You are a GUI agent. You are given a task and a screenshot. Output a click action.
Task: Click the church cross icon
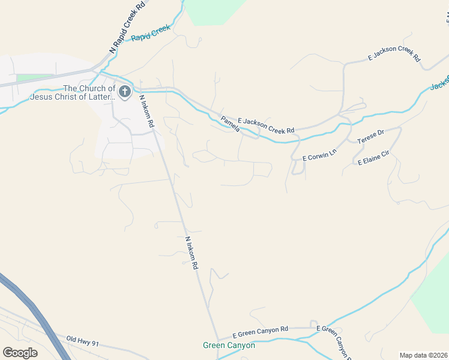(124, 92)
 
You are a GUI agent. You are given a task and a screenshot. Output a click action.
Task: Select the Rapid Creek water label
(151, 33)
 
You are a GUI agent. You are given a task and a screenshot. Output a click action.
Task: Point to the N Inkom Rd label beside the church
(147, 110)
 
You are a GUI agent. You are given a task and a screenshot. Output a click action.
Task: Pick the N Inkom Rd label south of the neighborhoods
(191, 253)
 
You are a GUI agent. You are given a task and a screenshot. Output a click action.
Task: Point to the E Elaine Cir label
(373, 158)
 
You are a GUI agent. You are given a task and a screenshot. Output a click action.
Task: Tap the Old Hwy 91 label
(82, 341)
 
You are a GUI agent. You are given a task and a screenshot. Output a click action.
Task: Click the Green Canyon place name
(229, 346)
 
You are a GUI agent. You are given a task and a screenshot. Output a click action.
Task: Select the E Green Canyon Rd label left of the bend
(261, 331)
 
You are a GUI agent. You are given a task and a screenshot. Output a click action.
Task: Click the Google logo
(20, 352)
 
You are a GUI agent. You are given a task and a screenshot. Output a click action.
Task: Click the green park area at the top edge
(215, 11)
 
